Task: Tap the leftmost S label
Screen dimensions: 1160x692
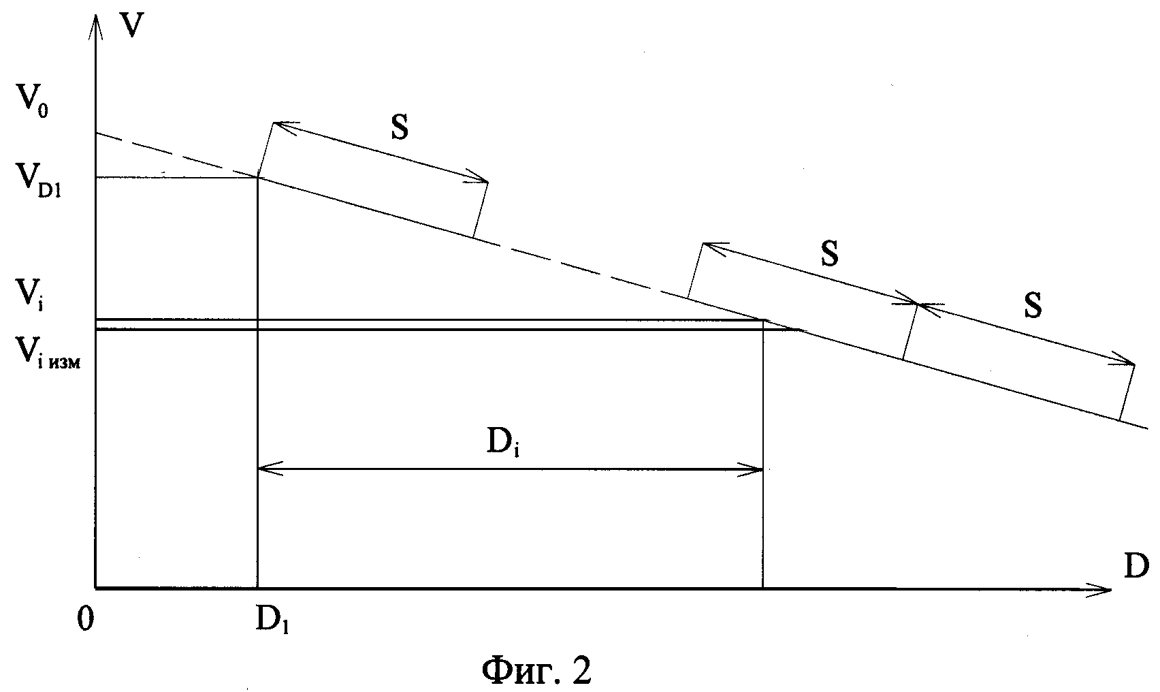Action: coord(400,128)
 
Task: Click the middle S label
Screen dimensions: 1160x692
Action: coord(829,254)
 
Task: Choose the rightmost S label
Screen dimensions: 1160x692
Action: coord(1033,306)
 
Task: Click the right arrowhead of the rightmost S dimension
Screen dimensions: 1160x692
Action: coord(1129,363)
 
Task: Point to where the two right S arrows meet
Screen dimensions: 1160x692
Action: coord(918,304)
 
